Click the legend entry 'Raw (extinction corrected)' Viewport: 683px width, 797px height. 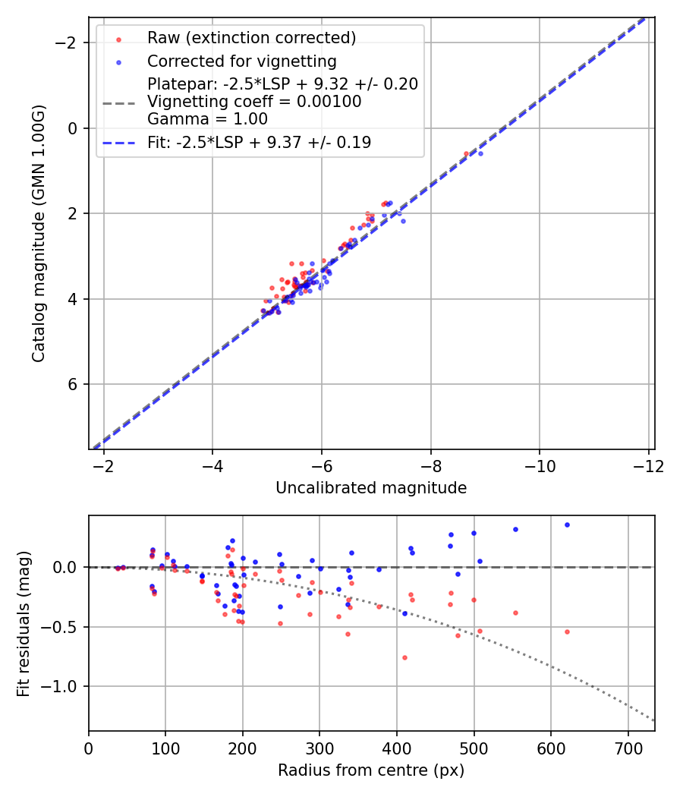[251, 37]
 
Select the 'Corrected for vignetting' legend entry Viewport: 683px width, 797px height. [241, 60]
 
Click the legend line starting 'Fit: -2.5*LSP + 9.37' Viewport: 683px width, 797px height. [259, 142]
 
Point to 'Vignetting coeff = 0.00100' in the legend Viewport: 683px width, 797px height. [254, 101]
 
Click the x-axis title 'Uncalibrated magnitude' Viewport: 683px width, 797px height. [370, 488]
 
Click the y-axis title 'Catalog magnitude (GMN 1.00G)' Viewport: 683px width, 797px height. [39, 233]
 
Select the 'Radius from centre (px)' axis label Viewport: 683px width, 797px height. [370, 770]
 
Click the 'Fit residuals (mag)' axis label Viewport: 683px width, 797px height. [24, 623]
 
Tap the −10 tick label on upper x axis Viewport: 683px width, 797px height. [539, 466]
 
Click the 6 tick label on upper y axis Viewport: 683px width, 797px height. [74, 384]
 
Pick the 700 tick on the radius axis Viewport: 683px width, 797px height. [628, 748]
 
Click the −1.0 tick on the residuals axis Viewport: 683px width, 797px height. [65, 686]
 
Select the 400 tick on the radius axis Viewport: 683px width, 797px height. [396, 748]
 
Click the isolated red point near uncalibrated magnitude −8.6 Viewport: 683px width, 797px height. [466, 153]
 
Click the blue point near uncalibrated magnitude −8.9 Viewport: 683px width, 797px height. [480, 153]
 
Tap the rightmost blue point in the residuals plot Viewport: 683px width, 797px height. [567, 525]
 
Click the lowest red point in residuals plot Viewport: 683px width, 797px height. [404, 657]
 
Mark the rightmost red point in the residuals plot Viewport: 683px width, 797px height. [567, 632]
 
